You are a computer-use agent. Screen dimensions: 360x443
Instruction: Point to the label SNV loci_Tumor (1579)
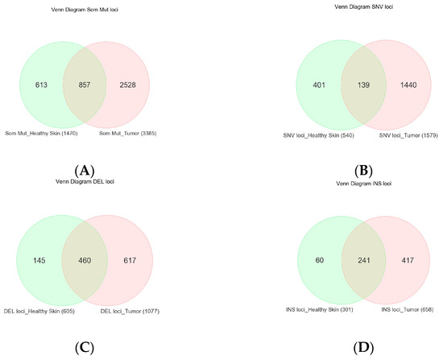coord(400,132)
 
